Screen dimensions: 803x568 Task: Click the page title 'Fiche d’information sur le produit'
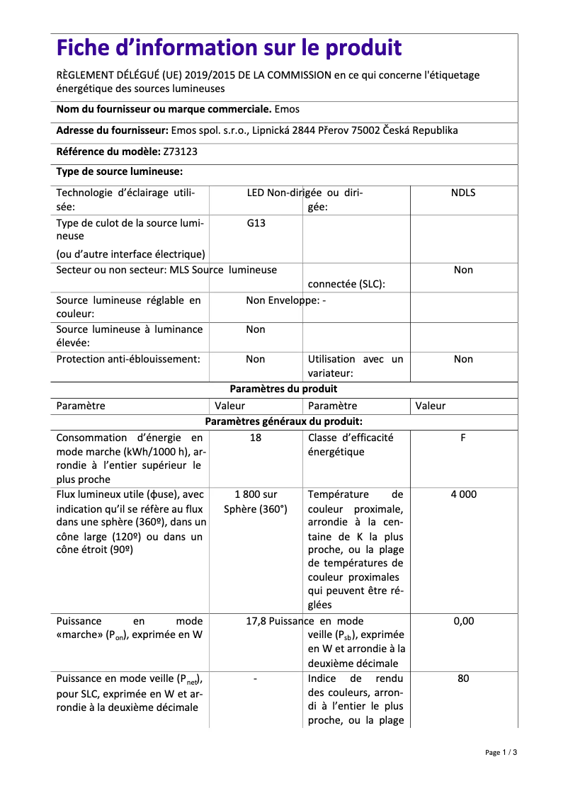pyautogui.click(x=229, y=48)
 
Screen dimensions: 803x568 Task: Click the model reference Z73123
pyautogui.click(x=181, y=151)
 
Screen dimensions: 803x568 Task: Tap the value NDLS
pyautogui.click(x=463, y=193)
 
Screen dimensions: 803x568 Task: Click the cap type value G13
pyautogui.click(x=256, y=222)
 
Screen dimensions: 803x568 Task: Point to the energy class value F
pyautogui.click(x=463, y=438)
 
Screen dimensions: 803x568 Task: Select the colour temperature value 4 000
pyautogui.click(x=463, y=494)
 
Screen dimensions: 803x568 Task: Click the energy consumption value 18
pyautogui.click(x=256, y=438)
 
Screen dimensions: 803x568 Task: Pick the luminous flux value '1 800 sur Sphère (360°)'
pyautogui.click(x=256, y=501)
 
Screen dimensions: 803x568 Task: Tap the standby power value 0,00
pyautogui.click(x=463, y=621)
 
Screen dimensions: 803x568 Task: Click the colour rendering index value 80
pyautogui.click(x=463, y=678)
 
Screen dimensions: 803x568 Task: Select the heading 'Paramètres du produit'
pyautogui.click(x=284, y=389)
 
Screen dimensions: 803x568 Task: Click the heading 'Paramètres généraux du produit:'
pyautogui.click(x=284, y=421)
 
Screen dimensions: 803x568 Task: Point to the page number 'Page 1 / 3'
pyautogui.click(x=501, y=752)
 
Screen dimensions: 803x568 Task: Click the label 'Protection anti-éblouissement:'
pyautogui.click(x=128, y=359)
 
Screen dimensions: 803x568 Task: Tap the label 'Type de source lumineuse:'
pyautogui.click(x=120, y=171)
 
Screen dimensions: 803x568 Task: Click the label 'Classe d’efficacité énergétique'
pyautogui.click(x=351, y=445)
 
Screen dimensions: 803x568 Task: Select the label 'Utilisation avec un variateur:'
pyautogui.click(x=355, y=366)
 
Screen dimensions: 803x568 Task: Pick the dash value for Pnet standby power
pyautogui.click(x=255, y=679)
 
